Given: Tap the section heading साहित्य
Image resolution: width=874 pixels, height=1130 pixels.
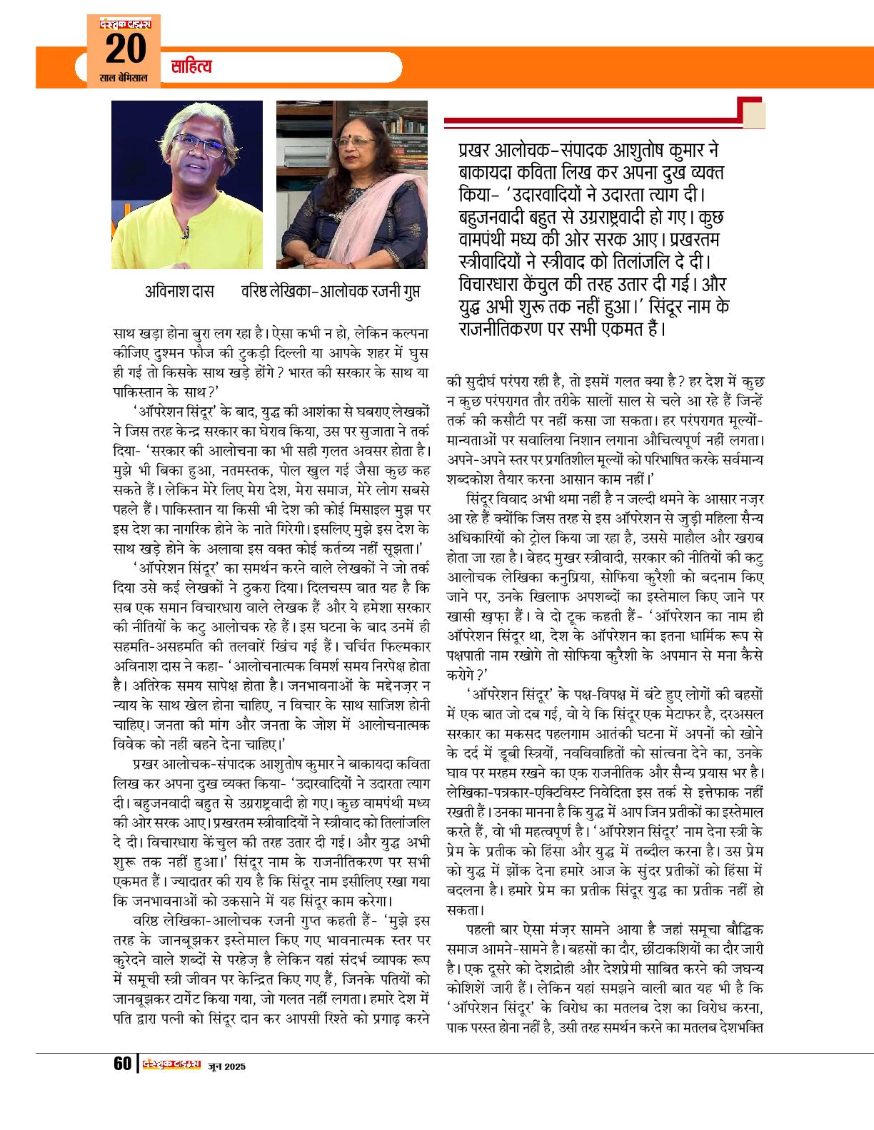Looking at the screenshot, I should tap(191, 68).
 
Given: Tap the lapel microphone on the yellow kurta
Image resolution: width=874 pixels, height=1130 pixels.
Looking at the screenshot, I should tap(185, 233).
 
